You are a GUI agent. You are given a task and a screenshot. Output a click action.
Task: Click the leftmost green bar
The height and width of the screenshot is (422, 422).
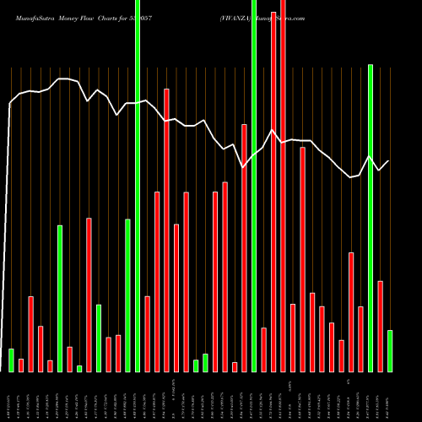point(11,360)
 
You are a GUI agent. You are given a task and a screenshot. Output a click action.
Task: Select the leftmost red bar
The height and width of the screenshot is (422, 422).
point(21,365)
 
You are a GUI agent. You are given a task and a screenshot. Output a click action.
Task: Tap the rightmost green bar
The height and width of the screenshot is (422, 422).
point(389,350)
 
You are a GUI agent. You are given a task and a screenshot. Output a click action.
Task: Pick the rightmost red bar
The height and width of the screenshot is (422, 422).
point(380,326)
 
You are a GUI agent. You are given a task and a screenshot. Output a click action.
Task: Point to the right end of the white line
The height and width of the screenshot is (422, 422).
point(389,161)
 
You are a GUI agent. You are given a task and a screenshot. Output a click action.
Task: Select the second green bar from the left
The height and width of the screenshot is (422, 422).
point(60,298)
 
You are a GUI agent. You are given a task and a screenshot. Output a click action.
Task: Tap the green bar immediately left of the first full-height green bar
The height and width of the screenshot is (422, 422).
point(127,295)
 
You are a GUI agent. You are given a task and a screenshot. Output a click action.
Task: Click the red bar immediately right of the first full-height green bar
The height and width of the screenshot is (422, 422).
point(147,333)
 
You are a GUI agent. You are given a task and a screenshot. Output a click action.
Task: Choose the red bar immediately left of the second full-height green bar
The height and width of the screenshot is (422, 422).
point(244,247)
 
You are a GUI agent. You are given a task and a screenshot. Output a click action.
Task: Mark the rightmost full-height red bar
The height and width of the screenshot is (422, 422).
point(283,186)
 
